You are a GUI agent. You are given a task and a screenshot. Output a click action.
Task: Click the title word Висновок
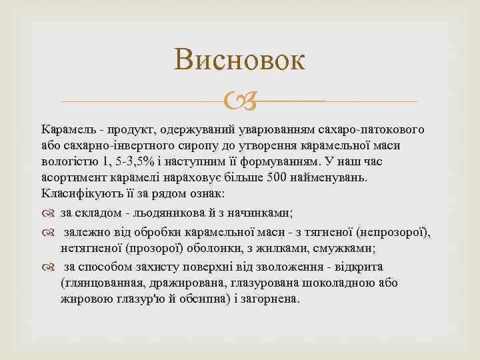[x=239, y=61]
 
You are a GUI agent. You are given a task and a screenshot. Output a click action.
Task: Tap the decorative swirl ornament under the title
[x=239, y=102]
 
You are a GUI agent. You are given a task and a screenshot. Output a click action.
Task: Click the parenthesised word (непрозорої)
[x=394, y=232]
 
